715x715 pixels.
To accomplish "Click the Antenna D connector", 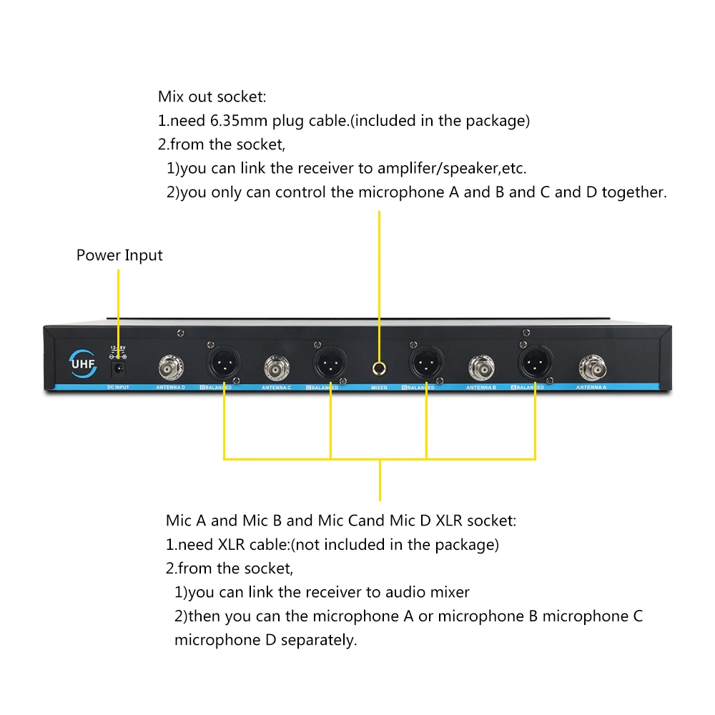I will pos(172,368).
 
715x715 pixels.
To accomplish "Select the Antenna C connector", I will pos(276,368).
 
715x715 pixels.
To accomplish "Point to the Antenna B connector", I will pos(480,368).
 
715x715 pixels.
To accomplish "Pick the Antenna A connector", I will pos(591,368).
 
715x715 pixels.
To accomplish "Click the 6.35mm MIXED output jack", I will pos(379,368).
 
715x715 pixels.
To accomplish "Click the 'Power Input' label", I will pos(119,255).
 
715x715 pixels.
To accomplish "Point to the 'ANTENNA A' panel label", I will pos(591,388).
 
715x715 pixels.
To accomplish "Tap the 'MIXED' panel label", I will pos(379,388).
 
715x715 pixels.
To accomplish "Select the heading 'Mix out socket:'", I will pos(212,97).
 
